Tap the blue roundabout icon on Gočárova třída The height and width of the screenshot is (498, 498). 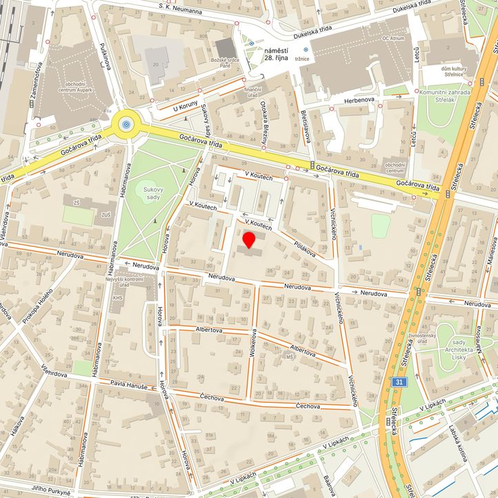pos(126,124)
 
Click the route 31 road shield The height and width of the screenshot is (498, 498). pos(401,381)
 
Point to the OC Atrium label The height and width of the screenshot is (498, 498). pos(395,39)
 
